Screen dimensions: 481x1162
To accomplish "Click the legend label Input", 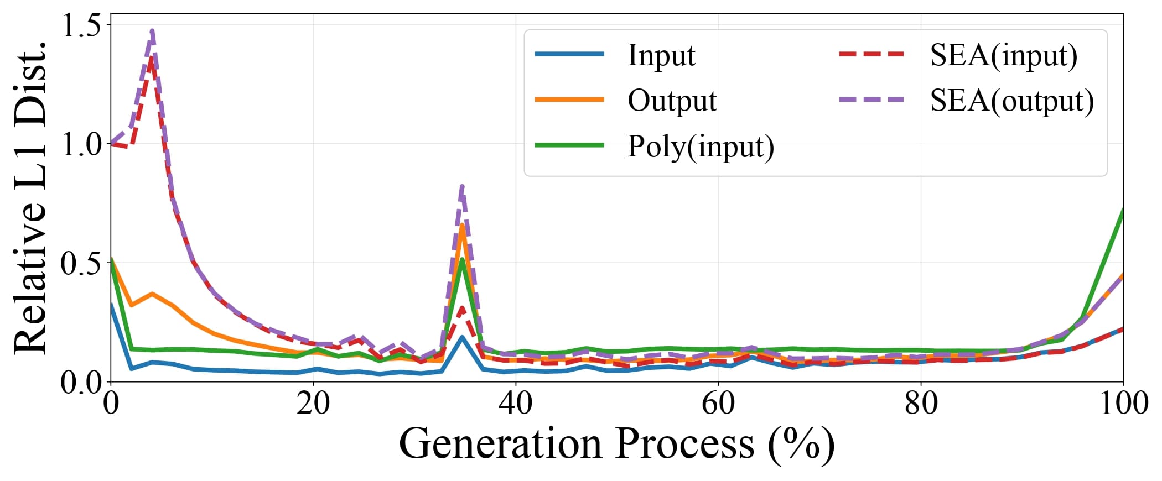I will tap(661, 55).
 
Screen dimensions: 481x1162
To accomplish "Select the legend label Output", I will tap(672, 101).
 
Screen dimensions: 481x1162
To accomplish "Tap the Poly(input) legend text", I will tap(701, 147).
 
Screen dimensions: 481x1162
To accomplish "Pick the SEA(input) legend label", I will tap(1004, 55).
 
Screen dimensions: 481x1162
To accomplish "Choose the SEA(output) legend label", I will tap(1012, 101).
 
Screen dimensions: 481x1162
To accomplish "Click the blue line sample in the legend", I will tap(569, 54).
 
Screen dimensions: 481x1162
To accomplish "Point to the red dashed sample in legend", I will tap(871, 54).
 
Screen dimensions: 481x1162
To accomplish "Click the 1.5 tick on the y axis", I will tap(81, 25).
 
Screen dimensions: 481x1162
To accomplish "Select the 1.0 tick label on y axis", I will tap(81, 144).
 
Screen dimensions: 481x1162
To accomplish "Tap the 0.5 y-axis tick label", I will tap(81, 263).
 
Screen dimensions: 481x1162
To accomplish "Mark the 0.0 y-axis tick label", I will tap(81, 382).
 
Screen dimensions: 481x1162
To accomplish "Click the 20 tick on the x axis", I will tap(313, 404).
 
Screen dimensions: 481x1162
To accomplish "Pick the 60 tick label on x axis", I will tap(718, 404).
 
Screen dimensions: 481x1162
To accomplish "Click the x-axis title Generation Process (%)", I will tap(616, 445).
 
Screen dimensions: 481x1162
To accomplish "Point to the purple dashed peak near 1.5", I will tap(152, 32).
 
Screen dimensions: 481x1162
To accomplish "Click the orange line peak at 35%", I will tap(462, 226).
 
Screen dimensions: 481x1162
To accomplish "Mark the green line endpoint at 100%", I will tap(1123, 210).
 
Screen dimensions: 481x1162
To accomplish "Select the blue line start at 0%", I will tap(111, 305).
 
